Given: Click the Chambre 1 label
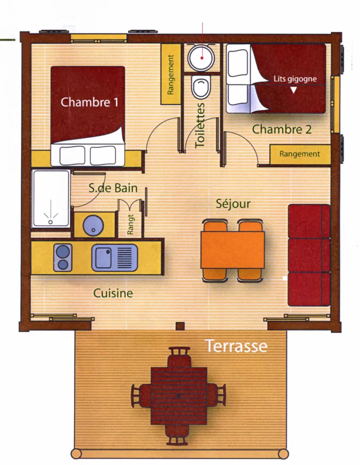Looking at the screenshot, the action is point(89,102).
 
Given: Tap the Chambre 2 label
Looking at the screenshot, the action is point(282,129).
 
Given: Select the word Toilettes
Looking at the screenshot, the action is point(200,125).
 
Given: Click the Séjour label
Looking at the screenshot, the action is point(233,204).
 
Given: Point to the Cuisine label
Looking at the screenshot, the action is point(113,293).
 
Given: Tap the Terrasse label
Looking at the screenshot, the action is point(236,346).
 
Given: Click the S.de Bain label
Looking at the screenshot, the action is point(113,188).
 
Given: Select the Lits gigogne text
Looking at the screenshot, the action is point(295,79).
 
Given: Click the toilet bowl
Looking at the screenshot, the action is point(201,86).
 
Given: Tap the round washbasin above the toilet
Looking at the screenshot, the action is point(202,58).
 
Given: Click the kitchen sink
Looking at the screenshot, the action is point(114,257).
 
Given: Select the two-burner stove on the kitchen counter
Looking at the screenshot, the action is point(63,257).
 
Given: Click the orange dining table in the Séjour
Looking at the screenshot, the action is point(233,250).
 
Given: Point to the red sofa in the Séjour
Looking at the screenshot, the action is point(309,255).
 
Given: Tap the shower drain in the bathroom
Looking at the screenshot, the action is point(50,222).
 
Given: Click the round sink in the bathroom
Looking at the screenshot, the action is point(93,225).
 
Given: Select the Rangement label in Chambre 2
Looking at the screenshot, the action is point(300,154).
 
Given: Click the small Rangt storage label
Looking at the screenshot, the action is point(130,225).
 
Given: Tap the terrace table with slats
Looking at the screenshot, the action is point(179,396).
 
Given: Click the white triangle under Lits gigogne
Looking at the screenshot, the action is point(293,90).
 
